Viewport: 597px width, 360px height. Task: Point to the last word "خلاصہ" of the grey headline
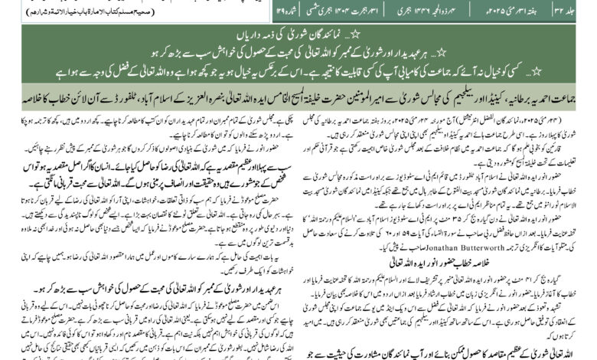(x=17, y=97)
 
